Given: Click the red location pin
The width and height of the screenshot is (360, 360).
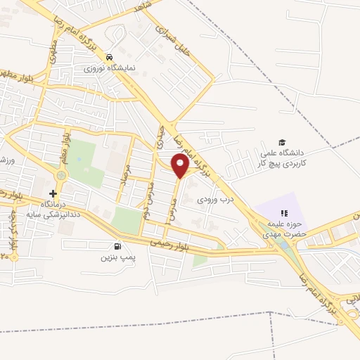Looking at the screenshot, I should click(x=180, y=166).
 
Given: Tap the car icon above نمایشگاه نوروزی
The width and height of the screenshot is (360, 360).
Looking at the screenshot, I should click(x=108, y=57).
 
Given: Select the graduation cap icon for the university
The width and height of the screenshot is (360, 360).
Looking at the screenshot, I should click(x=282, y=143).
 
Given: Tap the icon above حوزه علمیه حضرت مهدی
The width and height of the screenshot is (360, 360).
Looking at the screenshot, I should click(x=284, y=213).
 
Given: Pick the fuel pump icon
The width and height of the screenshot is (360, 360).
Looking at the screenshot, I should click(x=117, y=247).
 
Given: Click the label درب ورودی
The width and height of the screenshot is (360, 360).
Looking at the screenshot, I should click(x=212, y=200).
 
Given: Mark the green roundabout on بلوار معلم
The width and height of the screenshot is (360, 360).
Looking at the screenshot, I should click(x=61, y=175).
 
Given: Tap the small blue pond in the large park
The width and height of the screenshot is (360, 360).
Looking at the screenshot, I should click(x=79, y=157).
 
